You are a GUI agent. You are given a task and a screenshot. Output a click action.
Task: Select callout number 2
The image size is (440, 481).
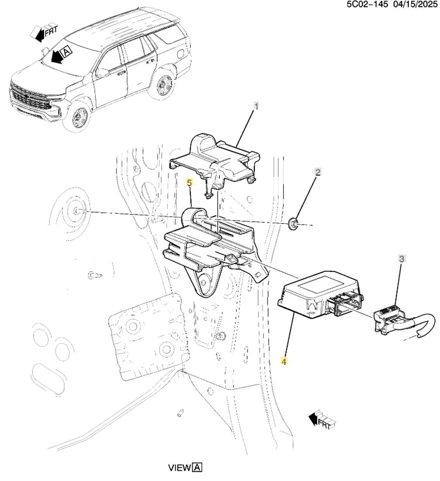click(x=318, y=172)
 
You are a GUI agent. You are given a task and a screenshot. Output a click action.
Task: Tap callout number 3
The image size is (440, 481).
click(x=402, y=258)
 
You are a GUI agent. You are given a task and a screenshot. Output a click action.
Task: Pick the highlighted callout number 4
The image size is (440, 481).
click(x=284, y=362)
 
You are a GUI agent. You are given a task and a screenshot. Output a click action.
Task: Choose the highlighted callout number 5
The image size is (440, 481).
click(x=189, y=183)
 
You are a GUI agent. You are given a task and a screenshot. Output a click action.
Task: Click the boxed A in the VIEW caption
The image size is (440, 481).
click(x=197, y=467)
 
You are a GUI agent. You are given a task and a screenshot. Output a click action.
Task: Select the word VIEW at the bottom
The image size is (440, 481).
click(x=180, y=467)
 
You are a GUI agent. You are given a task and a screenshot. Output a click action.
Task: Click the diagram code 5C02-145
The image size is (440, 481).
click(x=367, y=4)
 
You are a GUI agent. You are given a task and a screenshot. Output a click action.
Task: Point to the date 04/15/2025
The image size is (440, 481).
click(x=416, y=4)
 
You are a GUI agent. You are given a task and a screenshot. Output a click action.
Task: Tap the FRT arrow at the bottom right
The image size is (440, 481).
click(x=322, y=420)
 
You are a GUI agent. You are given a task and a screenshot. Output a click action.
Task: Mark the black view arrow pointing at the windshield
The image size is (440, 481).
click(x=56, y=56)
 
